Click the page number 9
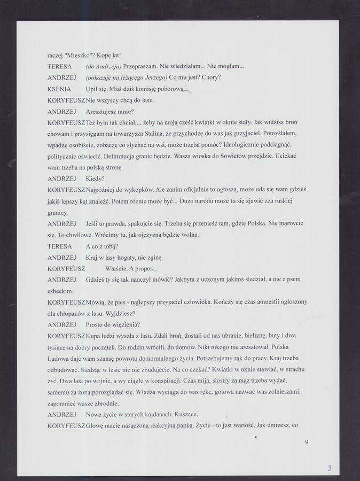(307, 441)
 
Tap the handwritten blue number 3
(330, 468)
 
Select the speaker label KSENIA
(59, 89)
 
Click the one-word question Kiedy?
(95, 179)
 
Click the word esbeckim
(60, 291)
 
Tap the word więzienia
(123, 324)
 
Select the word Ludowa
(59, 358)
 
